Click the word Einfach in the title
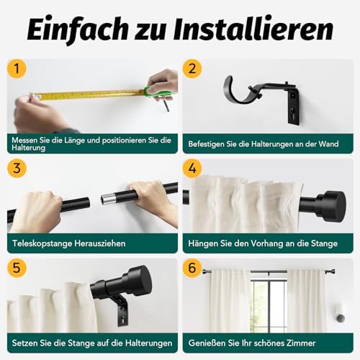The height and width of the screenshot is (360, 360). click(x=78, y=30)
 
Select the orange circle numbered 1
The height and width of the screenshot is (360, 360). click(x=17, y=68)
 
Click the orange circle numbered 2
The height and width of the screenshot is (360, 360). click(x=192, y=68)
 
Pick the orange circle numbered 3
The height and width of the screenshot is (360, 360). click(x=17, y=168)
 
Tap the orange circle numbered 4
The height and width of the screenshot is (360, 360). click(x=192, y=168)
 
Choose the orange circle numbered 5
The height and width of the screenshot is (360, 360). click(x=17, y=268)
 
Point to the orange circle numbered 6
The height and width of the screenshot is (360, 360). click(x=192, y=268)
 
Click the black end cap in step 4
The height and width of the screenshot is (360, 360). click(x=330, y=206)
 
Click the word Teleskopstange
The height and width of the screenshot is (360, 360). click(x=42, y=243)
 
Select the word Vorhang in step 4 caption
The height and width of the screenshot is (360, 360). click(x=267, y=243)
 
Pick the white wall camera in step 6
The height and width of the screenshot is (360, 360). click(x=340, y=313)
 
